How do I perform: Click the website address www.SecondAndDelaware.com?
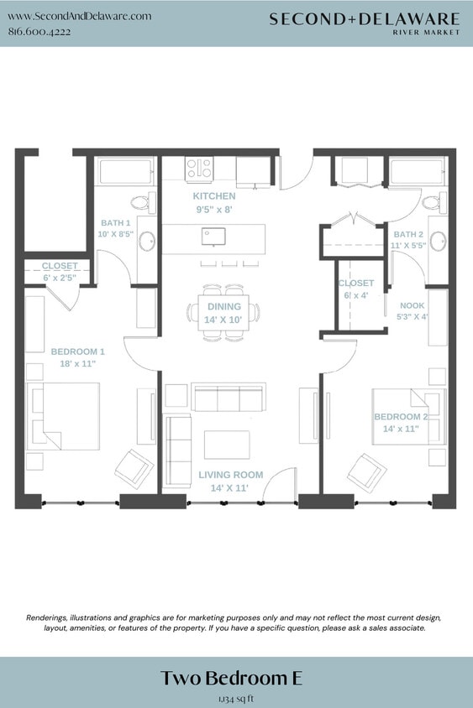click(x=79, y=16)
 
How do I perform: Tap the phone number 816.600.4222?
click(x=39, y=32)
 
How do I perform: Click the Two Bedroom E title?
click(x=236, y=678)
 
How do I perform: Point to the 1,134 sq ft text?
click(x=236, y=697)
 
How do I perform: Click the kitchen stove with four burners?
click(x=200, y=169)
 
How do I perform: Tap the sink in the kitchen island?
click(x=213, y=236)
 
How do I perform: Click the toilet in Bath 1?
click(x=142, y=202)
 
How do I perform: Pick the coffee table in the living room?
click(x=227, y=445)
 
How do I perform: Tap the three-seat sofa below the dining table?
click(x=229, y=398)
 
